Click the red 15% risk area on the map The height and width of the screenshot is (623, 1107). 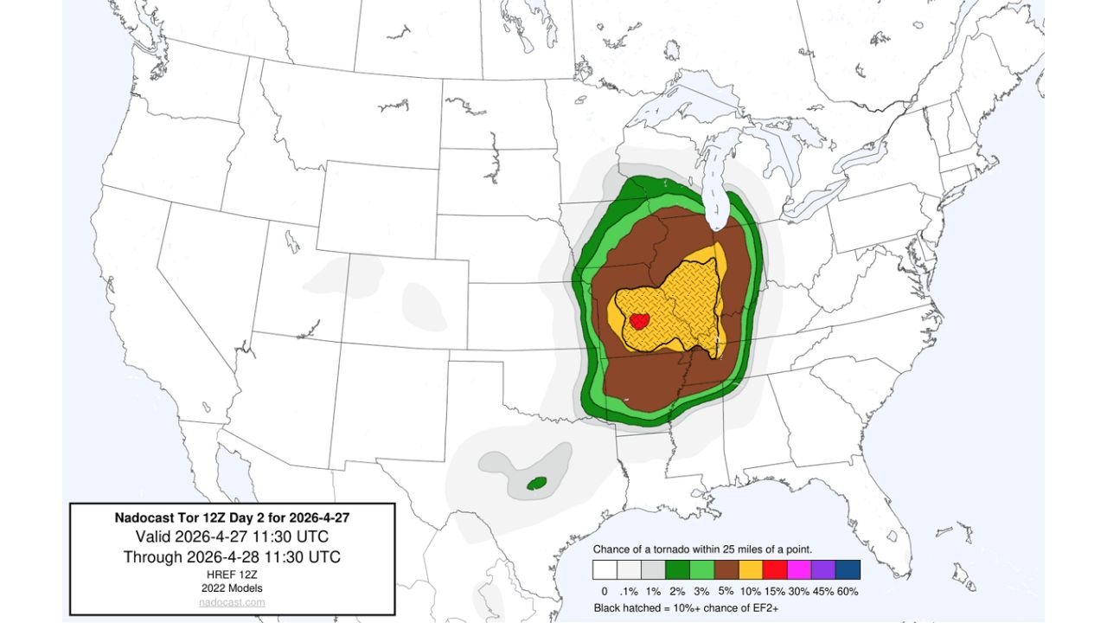(x=639, y=321)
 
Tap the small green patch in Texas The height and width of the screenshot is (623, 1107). (x=537, y=482)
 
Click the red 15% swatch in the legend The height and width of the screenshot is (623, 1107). (x=775, y=569)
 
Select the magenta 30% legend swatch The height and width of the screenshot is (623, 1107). (x=799, y=569)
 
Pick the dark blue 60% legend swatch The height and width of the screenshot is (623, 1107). (x=848, y=569)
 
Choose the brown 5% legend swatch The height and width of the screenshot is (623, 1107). (x=726, y=569)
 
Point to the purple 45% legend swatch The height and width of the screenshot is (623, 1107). (x=823, y=569)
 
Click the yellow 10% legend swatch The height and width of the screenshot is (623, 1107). (x=751, y=569)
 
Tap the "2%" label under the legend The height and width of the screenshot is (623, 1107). (x=678, y=590)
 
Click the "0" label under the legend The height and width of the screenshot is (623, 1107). (x=605, y=590)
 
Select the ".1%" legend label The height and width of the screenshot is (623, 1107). (x=629, y=590)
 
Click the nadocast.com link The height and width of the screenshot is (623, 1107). (x=232, y=602)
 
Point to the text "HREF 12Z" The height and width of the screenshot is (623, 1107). (x=232, y=575)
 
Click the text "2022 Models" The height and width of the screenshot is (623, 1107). (x=232, y=588)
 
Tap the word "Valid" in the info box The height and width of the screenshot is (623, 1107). (x=155, y=536)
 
